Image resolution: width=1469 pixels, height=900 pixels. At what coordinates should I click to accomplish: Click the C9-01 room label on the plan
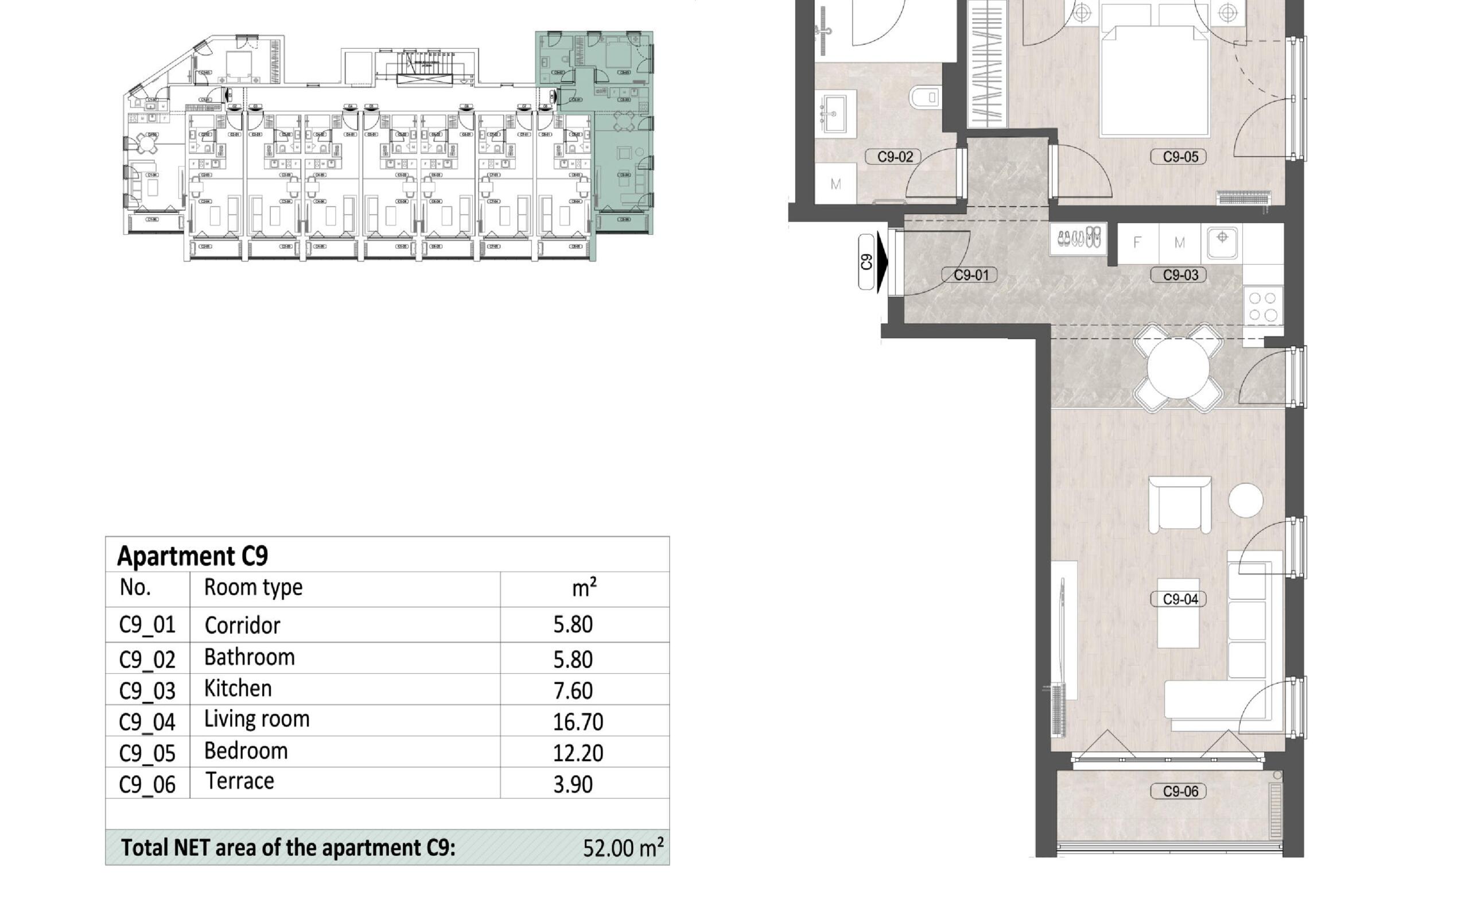971,275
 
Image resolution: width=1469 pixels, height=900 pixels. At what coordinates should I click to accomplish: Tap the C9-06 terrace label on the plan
1180,792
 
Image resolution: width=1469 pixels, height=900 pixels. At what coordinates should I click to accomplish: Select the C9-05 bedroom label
1180,157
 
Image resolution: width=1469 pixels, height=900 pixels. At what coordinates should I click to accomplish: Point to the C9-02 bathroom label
895,157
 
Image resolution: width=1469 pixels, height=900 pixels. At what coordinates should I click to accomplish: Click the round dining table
1177,368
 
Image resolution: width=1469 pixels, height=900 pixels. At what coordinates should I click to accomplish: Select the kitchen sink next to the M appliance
1222,242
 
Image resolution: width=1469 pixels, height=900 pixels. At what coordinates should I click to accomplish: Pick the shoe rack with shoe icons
1078,239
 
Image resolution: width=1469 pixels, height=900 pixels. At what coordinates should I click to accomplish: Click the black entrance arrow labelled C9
882,262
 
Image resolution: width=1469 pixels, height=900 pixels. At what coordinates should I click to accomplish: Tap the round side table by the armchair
1245,500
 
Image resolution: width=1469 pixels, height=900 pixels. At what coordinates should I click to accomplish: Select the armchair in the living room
1179,504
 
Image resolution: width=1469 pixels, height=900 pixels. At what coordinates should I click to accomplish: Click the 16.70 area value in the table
578,721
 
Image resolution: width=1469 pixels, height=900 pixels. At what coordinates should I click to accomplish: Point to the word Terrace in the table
240,781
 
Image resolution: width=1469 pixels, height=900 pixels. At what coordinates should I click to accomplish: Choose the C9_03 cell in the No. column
147,690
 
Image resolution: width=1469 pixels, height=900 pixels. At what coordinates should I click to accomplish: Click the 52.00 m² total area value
623,848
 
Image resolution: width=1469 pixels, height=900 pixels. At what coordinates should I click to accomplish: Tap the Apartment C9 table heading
193,556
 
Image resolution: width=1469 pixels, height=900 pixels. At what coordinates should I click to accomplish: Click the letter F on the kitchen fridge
1137,243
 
